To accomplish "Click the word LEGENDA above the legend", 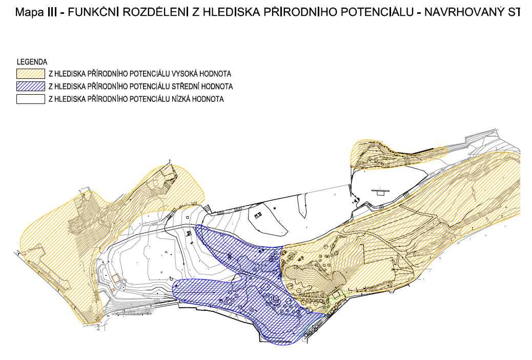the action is (x=32, y=62).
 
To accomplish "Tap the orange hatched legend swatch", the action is (x=31, y=74).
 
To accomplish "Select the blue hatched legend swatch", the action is (x=31, y=87).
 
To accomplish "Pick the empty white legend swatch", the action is (x=31, y=99).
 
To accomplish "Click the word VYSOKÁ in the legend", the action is (x=185, y=74).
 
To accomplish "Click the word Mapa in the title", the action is (x=30, y=12).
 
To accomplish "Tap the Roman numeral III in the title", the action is (x=52, y=12).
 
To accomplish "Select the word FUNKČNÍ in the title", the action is (x=93, y=12).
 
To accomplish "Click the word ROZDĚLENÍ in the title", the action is (x=155, y=12).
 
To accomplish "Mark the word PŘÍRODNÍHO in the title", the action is (x=300, y=12).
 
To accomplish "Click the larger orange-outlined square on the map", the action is (x=116, y=279).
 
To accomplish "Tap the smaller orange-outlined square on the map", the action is (x=112, y=290).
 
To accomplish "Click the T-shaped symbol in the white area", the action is (x=380, y=192).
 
